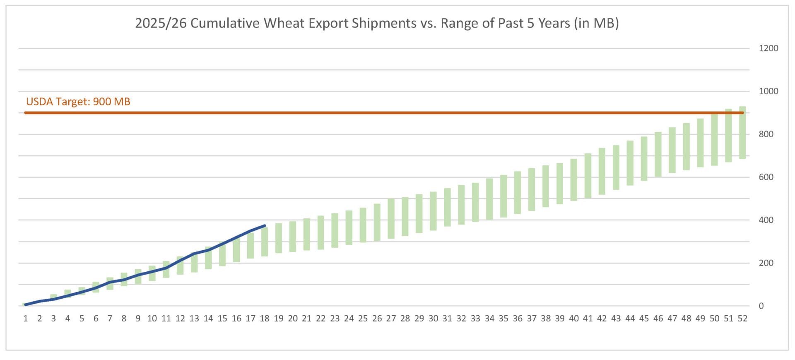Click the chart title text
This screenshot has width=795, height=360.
(377, 23)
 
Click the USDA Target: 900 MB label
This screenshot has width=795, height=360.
(78, 101)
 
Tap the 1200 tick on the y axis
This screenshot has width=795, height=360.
(768, 48)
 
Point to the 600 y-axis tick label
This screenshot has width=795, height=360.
(766, 177)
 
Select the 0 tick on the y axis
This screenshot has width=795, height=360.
(761, 306)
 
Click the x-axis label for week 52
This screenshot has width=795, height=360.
(742, 318)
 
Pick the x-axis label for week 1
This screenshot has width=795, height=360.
(26, 318)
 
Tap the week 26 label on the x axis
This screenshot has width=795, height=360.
(377, 318)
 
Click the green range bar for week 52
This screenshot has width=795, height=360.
(742, 133)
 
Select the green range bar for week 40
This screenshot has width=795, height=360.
(573, 180)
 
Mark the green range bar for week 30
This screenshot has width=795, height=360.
(433, 211)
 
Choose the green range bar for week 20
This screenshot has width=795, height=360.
(293, 237)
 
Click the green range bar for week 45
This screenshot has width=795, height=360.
(644, 159)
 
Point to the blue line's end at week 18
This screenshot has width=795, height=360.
(265, 226)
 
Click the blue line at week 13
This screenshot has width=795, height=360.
(194, 253)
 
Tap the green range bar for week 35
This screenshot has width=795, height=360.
(503, 196)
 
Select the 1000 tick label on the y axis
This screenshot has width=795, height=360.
(768, 91)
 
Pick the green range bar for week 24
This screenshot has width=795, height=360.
(349, 227)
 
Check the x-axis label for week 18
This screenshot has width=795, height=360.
(265, 318)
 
